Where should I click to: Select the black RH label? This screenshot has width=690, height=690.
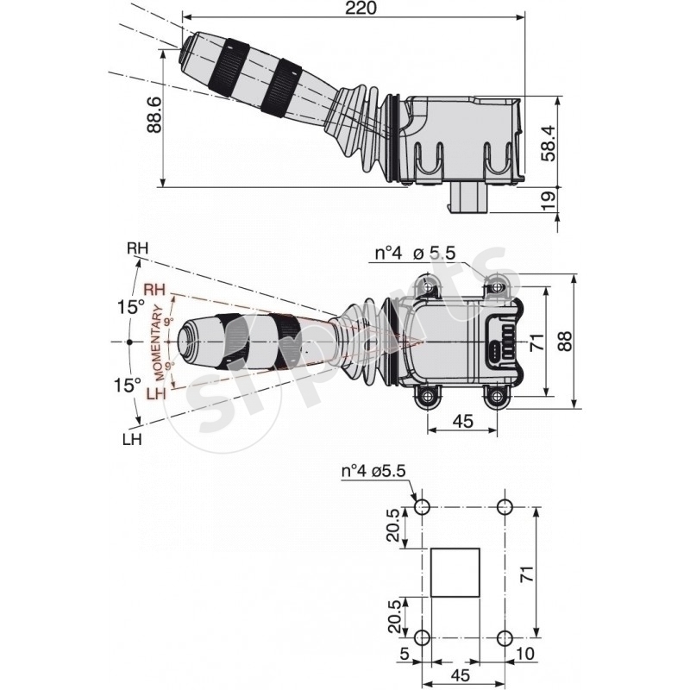tap(137, 249)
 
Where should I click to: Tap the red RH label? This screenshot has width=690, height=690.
tap(156, 289)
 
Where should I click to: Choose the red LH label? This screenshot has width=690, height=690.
tap(155, 394)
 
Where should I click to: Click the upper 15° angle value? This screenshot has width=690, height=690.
tap(131, 307)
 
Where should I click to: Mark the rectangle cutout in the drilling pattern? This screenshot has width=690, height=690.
tap(455, 572)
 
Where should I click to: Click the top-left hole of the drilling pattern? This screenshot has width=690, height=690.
tap(422, 506)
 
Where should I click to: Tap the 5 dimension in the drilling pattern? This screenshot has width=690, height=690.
tap(404, 655)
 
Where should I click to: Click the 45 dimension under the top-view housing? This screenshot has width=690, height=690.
tap(462, 421)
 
